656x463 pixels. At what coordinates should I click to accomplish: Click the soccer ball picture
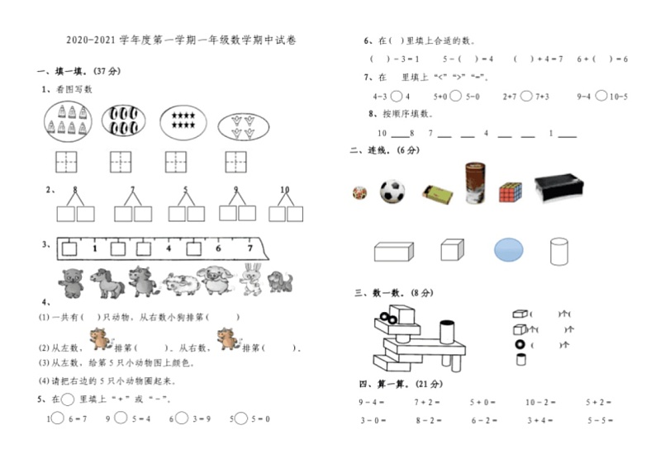click(392, 191)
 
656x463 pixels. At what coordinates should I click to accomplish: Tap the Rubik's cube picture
click(510, 192)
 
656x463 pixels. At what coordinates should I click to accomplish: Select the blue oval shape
click(508, 249)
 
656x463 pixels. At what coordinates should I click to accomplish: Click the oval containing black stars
click(182, 120)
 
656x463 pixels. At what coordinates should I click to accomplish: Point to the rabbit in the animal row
click(250, 281)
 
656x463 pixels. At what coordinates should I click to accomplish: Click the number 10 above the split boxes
click(285, 190)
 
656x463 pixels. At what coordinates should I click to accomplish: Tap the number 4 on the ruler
click(169, 248)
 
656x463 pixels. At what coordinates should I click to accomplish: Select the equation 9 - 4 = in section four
click(371, 402)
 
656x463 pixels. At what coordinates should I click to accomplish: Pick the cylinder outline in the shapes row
click(559, 250)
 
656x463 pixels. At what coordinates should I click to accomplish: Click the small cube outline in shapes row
click(450, 249)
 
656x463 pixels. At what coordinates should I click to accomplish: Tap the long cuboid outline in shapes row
click(393, 250)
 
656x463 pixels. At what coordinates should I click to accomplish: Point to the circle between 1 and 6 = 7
click(59, 418)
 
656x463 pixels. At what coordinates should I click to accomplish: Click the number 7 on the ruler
click(250, 248)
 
